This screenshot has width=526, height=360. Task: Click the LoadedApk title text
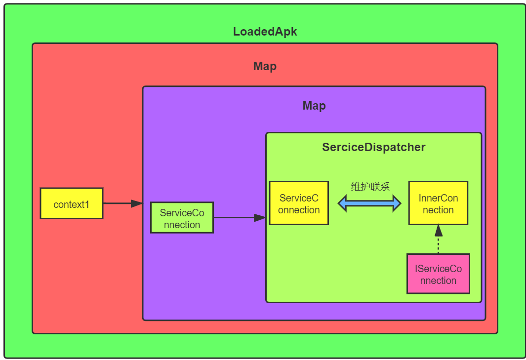click(x=265, y=32)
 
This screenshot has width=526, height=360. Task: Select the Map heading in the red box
click(x=265, y=66)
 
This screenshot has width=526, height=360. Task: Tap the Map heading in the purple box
click(x=314, y=106)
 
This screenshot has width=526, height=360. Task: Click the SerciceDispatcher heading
click(x=374, y=147)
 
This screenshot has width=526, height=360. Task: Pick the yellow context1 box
click(x=72, y=203)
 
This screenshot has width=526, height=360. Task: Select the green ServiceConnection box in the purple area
click(x=182, y=217)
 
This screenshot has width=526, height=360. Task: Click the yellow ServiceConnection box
click(x=299, y=203)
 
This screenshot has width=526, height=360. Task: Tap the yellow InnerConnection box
click(x=438, y=203)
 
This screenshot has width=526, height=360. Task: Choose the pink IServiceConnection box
click(x=438, y=274)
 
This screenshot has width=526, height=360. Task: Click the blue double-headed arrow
click(x=369, y=203)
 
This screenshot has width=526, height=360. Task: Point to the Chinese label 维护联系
click(x=370, y=187)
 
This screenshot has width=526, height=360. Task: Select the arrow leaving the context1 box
click(x=123, y=203)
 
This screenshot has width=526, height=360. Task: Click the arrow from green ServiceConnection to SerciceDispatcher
click(x=240, y=218)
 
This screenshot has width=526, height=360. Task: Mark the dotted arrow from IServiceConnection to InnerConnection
click(x=439, y=239)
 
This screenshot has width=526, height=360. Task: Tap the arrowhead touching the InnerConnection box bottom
click(x=439, y=231)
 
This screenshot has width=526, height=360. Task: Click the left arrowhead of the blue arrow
click(x=342, y=203)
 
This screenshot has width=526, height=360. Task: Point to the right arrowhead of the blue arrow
click(x=397, y=203)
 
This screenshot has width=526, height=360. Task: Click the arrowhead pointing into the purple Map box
click(x=137, y=203)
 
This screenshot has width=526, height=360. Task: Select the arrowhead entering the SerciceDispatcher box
click(x=260, y=218)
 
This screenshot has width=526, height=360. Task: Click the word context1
click(x=72, y=204)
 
